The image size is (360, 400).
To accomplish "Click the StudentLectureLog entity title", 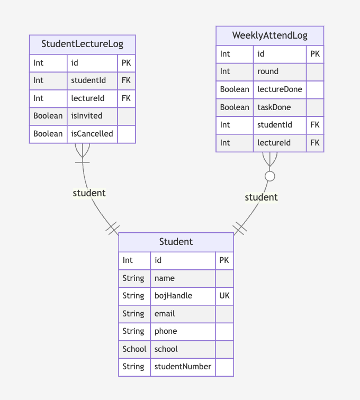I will [x=82, y=44].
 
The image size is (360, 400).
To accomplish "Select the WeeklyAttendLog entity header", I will [x=269, y=36].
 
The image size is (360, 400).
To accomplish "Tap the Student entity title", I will [x=176, y=242].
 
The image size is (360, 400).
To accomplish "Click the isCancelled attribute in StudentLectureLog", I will [x=92, y=134].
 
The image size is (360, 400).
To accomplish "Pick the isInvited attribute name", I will [x=86, y=116].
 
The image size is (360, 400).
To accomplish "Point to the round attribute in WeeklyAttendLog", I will [x=267, y=71].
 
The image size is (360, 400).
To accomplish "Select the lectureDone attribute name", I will [x=280, y=89].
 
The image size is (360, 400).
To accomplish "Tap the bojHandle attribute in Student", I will [x=173, y=296].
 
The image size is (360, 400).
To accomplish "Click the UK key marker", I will [x=224, y=296].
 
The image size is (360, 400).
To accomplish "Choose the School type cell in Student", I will [x=134, y=349].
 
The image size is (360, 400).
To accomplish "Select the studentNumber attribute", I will [x=183, y=367].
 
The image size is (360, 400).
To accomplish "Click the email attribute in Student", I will [x=165, y=314].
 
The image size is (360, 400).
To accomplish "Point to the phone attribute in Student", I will [x=166, y=331].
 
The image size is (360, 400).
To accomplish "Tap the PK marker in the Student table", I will [x=224, y=260].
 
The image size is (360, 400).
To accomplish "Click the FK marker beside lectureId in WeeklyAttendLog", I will [x=314, y=143].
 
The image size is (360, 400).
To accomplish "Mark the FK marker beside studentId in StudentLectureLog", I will [x=126, y=80].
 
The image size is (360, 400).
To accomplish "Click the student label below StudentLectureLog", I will [x=89, y=193].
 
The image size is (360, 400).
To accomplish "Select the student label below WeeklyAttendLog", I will [x=261, y=197].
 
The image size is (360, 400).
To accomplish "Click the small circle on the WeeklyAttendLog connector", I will [x=270, y=176].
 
